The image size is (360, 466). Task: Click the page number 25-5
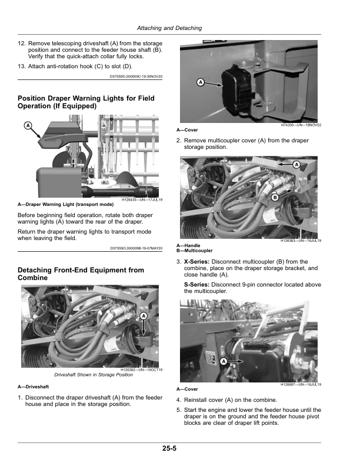pos(169,448)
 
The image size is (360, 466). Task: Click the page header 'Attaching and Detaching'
pos(169,28)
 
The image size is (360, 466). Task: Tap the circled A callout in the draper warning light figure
pos(28,126)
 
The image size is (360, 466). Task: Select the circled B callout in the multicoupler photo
pos(275,197)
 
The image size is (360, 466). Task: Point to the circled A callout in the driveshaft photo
pos(144,315)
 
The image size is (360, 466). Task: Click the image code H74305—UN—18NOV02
pos(301,125)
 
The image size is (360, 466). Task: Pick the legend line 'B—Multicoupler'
pos(195,251)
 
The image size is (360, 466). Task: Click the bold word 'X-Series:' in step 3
pos(196,261)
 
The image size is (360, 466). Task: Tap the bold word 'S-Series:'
pos(196,284)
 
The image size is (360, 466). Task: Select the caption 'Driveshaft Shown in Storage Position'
pos(94,375)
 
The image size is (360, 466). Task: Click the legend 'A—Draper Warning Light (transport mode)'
pos(66,205)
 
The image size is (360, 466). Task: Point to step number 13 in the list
pos(21,66)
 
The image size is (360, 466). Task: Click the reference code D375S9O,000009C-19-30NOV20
pos(136,76)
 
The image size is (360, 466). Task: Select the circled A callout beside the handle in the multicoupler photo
pos(296,164)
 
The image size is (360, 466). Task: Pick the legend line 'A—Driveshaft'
pos(34,387)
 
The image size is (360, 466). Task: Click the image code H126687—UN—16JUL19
pos(301,385)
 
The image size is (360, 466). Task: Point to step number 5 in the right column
pos(178,410)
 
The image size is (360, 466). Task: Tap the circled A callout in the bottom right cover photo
pos(224,361)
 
